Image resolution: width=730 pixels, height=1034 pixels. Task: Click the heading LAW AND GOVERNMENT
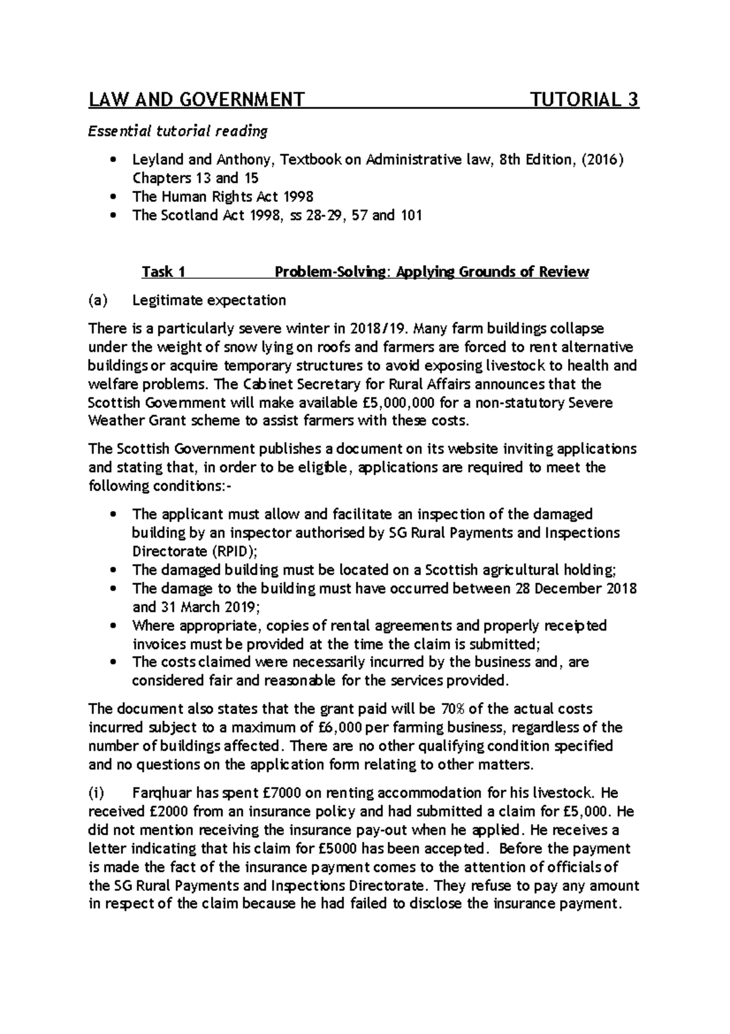[x=196, y=99]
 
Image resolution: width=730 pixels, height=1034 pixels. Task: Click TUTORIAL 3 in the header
[x=585, y=99]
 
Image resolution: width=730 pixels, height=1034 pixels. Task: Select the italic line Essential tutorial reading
[x=178, y=131]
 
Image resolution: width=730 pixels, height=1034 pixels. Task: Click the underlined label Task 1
[x=163, y=272]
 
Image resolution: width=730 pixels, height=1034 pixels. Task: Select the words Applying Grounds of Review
[x=492, y=272]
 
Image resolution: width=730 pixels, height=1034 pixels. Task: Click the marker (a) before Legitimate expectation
[x=98, y=300]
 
